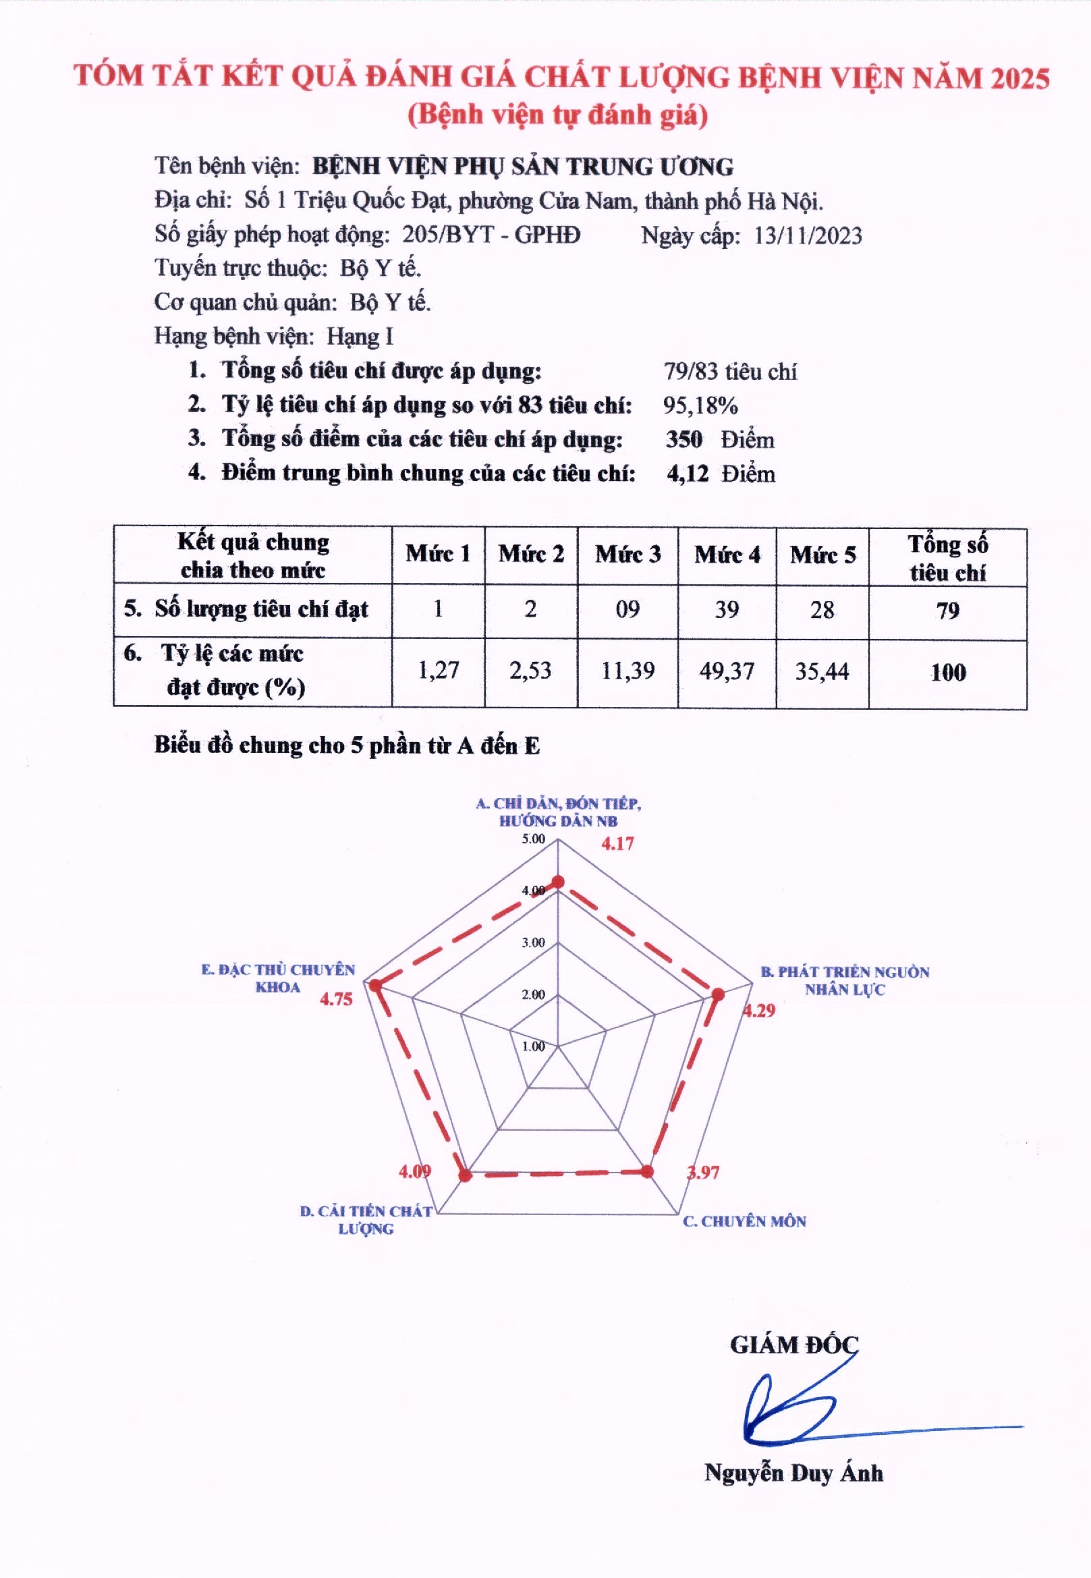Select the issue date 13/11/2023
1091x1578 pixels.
(x=808, y=235)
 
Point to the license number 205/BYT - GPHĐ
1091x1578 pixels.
(x=491, y=235)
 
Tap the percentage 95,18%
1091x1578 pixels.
(x=700, y=406)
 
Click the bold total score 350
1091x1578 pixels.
(x=683, y=439)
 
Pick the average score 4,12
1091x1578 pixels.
(x=687, y=474)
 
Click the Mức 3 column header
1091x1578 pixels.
(x=627, y=555)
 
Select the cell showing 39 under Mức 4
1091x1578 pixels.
(x=727, y=610)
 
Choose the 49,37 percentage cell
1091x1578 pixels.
(x=727, y=671)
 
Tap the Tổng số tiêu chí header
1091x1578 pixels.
(x=947, y=558)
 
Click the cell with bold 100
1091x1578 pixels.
(x=947, y=673)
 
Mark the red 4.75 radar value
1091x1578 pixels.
(x=336, y=999)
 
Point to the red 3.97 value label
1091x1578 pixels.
(x=703, y=1173)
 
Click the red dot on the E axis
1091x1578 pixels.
(x=374, y=986)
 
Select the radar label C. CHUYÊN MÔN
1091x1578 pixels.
(x=744, y=1221)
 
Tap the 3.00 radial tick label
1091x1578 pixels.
(x=533, y=942)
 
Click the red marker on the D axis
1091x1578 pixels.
(x=466, y=1175)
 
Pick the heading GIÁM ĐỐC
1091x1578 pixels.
(x=793, y=1345)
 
